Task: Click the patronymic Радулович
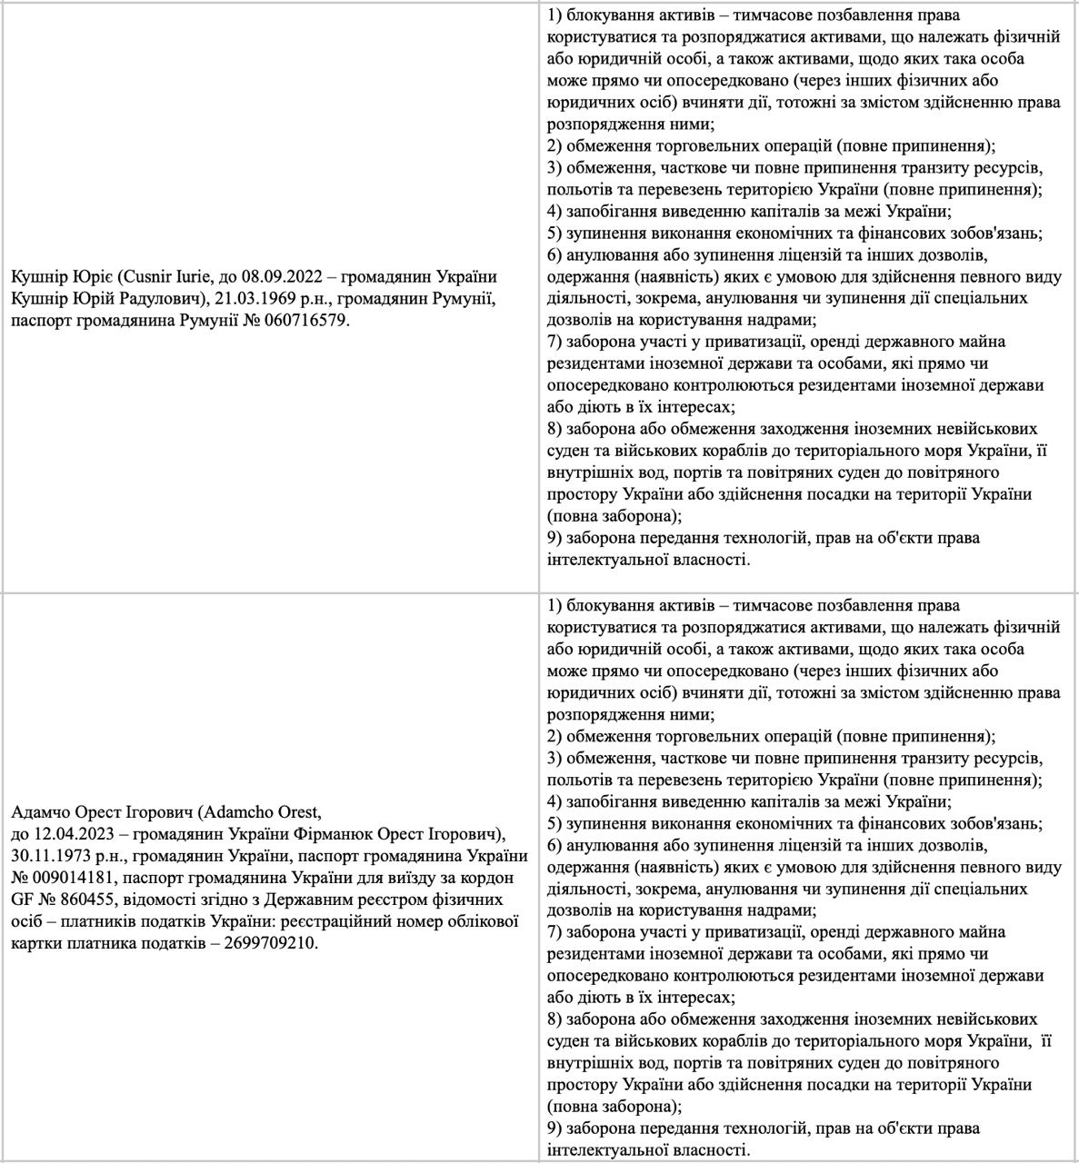point(157,297)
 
